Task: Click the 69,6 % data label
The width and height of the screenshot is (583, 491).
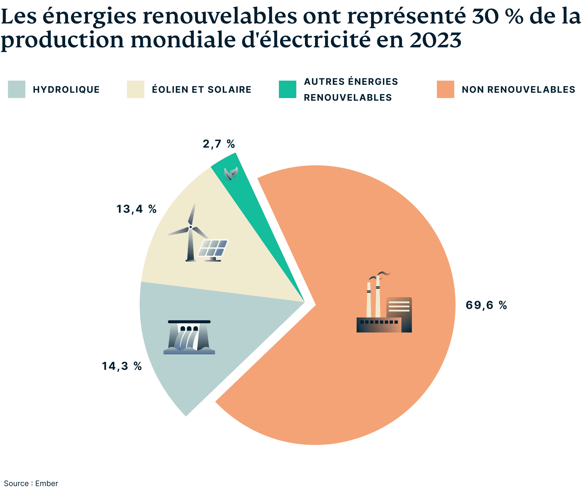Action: coord(486,305)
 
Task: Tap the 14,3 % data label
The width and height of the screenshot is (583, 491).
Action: coord(122,366)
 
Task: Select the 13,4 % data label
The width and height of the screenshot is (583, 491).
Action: coord(136,209)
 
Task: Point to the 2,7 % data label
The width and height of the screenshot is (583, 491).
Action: coord(219,144)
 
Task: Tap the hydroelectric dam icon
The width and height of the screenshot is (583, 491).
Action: coord(189,337)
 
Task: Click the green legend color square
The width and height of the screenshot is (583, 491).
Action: coord(287,89)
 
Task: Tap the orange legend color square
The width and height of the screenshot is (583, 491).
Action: coord(445,89)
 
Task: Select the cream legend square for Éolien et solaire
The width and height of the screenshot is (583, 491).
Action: coord(136,89)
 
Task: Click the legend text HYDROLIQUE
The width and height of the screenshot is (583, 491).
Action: coord(66,90)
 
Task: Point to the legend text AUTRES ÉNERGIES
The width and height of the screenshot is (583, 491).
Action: coord(351,82)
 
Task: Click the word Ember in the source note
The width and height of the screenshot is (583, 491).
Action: coord(46,483)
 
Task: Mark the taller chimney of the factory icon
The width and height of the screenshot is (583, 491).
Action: coord(378,297)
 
